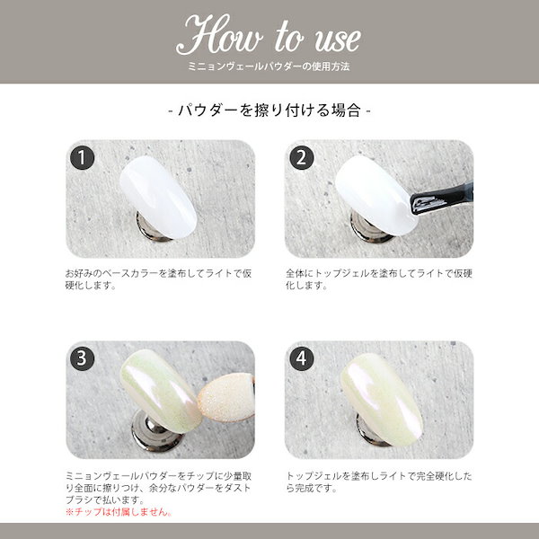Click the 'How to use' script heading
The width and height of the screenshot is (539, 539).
269,36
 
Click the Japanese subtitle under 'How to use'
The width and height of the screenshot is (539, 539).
269,67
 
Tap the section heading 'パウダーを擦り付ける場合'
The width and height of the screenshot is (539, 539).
269,111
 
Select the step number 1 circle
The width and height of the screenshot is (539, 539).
82,159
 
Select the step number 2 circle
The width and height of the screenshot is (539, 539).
302,159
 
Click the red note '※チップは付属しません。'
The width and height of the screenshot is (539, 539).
117,512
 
